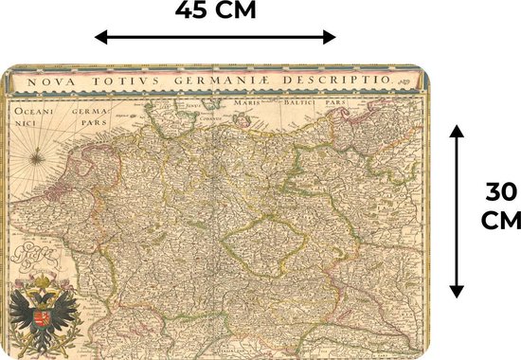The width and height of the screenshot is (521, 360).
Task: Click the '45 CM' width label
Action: (x=216, y=13)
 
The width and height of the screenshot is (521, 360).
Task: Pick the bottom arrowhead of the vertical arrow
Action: (x=457, y=291)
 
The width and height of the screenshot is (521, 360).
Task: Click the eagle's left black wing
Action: (x=21, y=317)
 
